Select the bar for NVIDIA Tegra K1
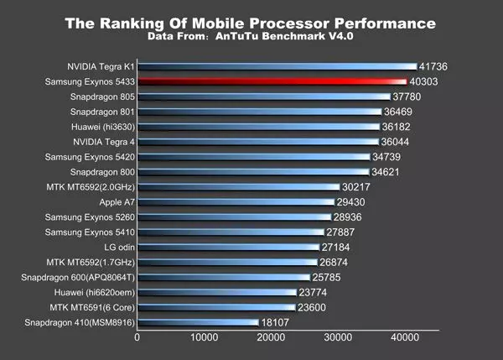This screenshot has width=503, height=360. coord(277,66)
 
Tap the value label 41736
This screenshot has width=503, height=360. coord(437,66)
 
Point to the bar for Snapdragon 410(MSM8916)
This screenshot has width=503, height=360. coord(197,322)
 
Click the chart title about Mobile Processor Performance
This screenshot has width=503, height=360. coord(251,23)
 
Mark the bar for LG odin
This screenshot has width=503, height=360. coord(227,248)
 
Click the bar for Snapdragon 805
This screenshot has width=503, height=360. coord(263,97)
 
